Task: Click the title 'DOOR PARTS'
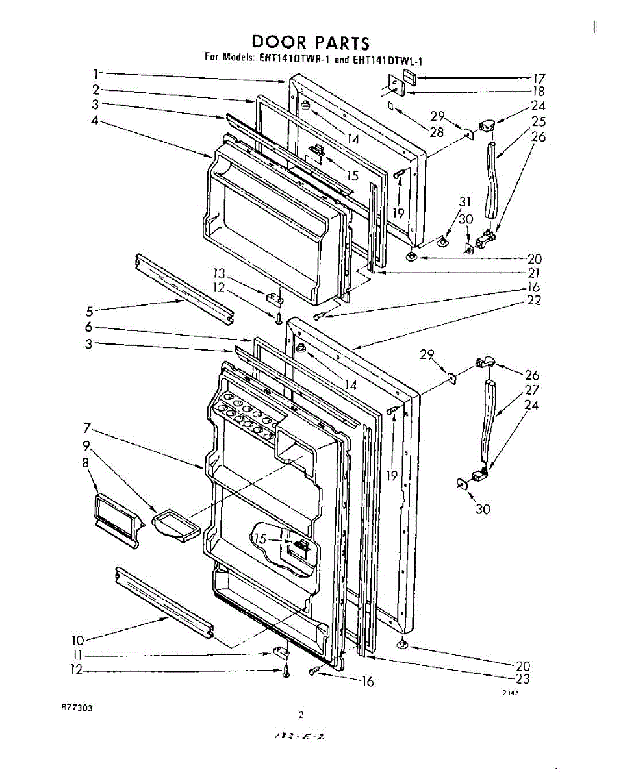311,43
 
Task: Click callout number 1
95,73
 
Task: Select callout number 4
95,120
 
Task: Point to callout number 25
538,121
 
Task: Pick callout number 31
464,201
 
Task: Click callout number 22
535,300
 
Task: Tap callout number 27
532,390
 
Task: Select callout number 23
523,679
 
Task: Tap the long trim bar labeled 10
163,600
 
